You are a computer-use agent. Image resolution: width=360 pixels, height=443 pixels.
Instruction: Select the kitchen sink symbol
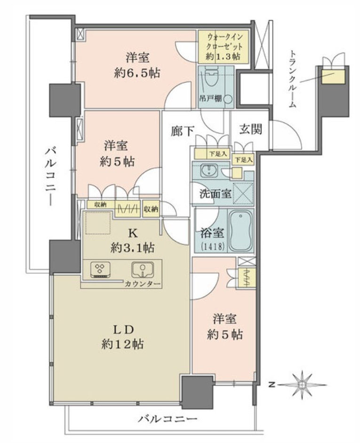coord(143,270)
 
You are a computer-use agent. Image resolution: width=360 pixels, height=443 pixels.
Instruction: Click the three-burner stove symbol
coord(100,270)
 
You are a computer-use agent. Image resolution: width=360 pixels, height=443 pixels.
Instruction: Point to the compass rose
coord(302,385)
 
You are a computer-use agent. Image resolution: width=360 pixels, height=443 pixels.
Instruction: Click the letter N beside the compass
coord(272,385)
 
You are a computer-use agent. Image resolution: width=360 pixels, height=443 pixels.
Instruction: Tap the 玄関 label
coord(250,129)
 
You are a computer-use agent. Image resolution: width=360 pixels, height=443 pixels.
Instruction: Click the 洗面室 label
coord(216,194)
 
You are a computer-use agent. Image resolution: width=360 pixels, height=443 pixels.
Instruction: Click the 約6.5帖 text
coord(137,73)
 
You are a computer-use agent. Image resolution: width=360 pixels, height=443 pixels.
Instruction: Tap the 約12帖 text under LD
coord(122,344)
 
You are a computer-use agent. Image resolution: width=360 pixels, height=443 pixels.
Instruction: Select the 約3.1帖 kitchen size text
coord(133,248)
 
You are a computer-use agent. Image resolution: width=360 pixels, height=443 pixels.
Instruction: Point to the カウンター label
coord(143,284)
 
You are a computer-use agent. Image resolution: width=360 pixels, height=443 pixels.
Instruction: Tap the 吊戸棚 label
coord(211,99)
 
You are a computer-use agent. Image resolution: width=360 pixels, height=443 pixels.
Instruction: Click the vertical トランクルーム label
coord(293,79)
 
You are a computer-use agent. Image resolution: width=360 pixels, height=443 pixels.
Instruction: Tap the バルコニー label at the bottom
coord(168,419)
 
